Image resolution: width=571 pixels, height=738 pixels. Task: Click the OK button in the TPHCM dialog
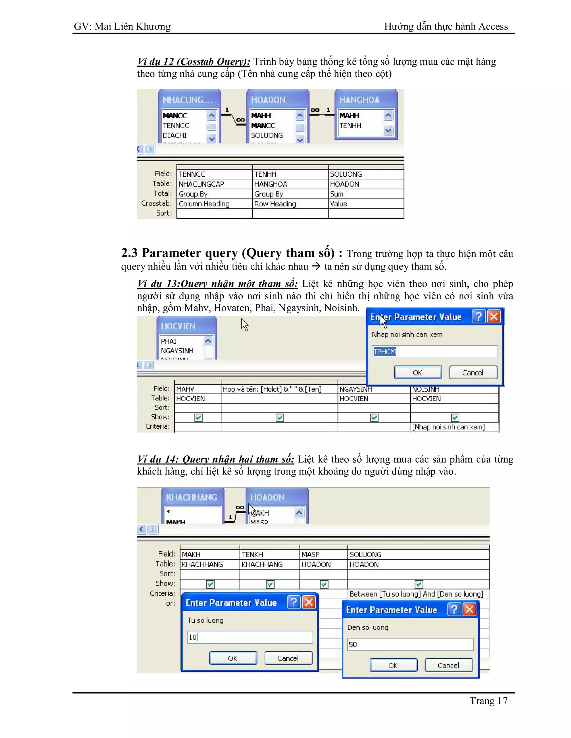(418, 372)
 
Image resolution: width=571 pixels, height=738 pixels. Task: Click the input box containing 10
(250, 637)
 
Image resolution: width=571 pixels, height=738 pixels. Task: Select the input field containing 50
(410, 644)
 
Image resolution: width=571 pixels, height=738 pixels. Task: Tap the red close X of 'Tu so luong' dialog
(309, 602)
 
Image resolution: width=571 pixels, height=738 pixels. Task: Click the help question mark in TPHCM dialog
(478, 317)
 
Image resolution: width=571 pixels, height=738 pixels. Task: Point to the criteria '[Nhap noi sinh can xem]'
(448, 427)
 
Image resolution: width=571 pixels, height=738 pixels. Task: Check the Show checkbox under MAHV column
(198, 418)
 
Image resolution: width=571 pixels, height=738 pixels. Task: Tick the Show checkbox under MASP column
(324, 584)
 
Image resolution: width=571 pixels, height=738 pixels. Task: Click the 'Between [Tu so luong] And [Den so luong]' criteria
(416, 594)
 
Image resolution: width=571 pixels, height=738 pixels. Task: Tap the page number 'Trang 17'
(488, 701)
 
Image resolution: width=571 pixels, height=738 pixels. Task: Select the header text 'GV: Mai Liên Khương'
(122, 26)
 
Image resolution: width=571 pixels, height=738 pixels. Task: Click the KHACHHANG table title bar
(192, 497)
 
